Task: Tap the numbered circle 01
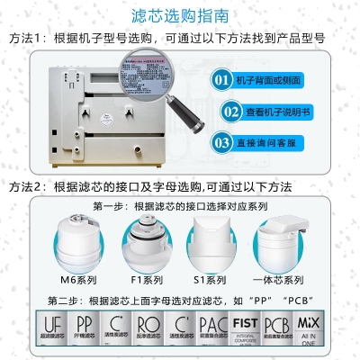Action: coord(221,80)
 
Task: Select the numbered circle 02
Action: coord(221,112)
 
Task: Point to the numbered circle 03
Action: coord(221,142)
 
